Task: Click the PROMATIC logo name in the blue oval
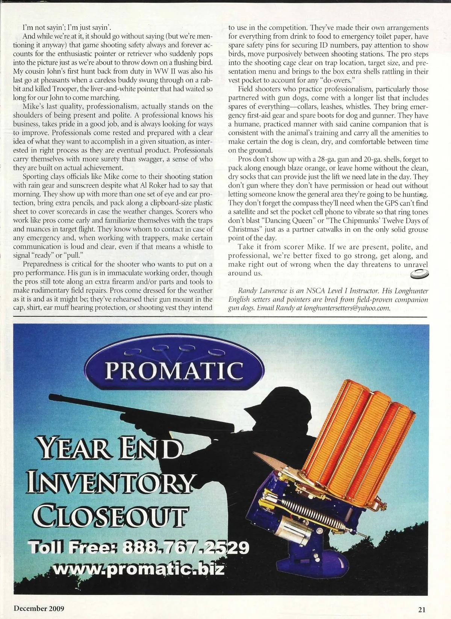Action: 174,370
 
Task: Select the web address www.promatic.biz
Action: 139,568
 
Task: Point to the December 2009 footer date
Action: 39,608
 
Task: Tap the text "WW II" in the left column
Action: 158,71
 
